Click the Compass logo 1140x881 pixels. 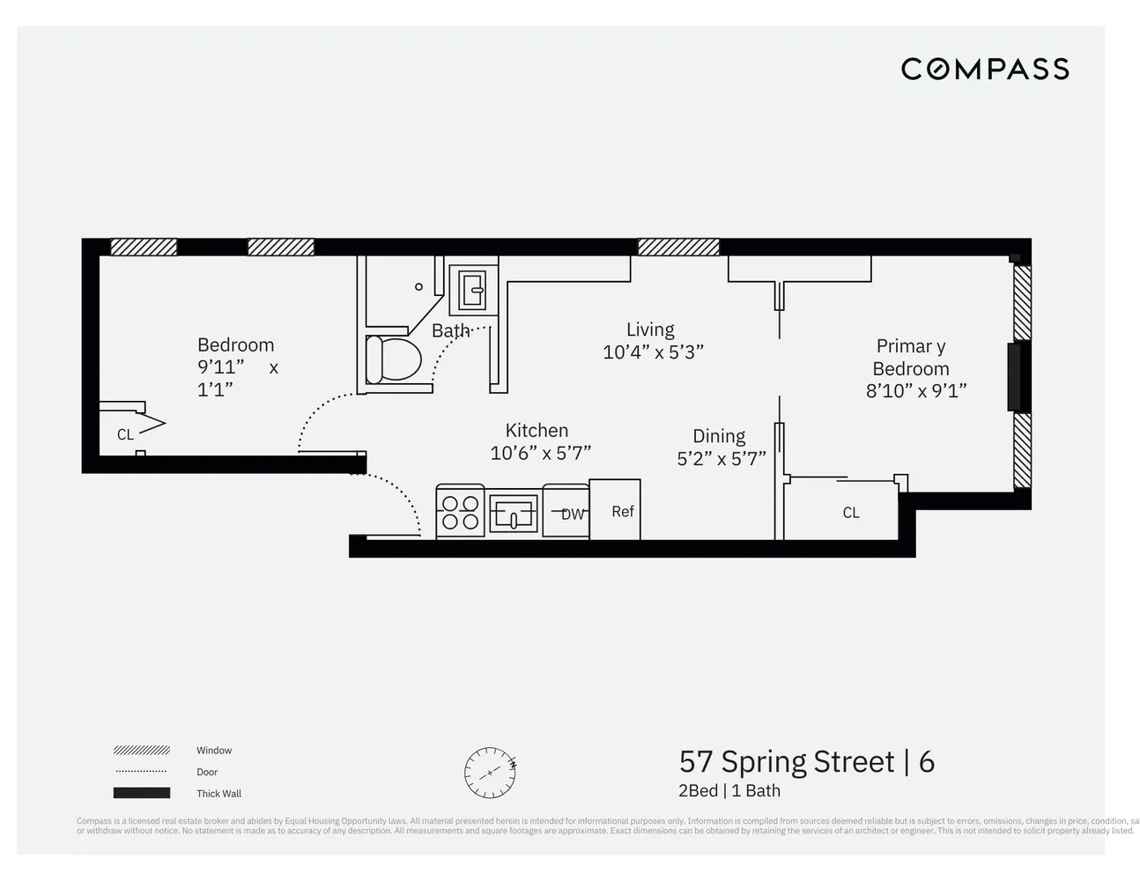coord(984,69)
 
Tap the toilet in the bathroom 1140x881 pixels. coord(394,359)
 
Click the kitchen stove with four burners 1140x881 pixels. coord(460,512)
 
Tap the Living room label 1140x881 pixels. coord(650,329)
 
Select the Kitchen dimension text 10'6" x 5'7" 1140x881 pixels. coord(540,453)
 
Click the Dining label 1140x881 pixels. coord(718,436)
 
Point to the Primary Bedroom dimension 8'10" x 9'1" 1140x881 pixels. coord(915,391)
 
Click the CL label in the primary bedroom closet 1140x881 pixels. coord(850,513)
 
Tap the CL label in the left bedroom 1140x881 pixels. coord(125,434)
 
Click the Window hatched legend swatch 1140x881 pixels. coord(141,751)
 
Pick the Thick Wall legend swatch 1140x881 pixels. coord(141,793)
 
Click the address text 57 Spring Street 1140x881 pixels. coord(786,761)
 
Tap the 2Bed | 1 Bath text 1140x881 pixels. coord(729,791)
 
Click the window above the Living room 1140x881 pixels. coord(677,248)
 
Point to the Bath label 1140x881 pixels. coord(450,331)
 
